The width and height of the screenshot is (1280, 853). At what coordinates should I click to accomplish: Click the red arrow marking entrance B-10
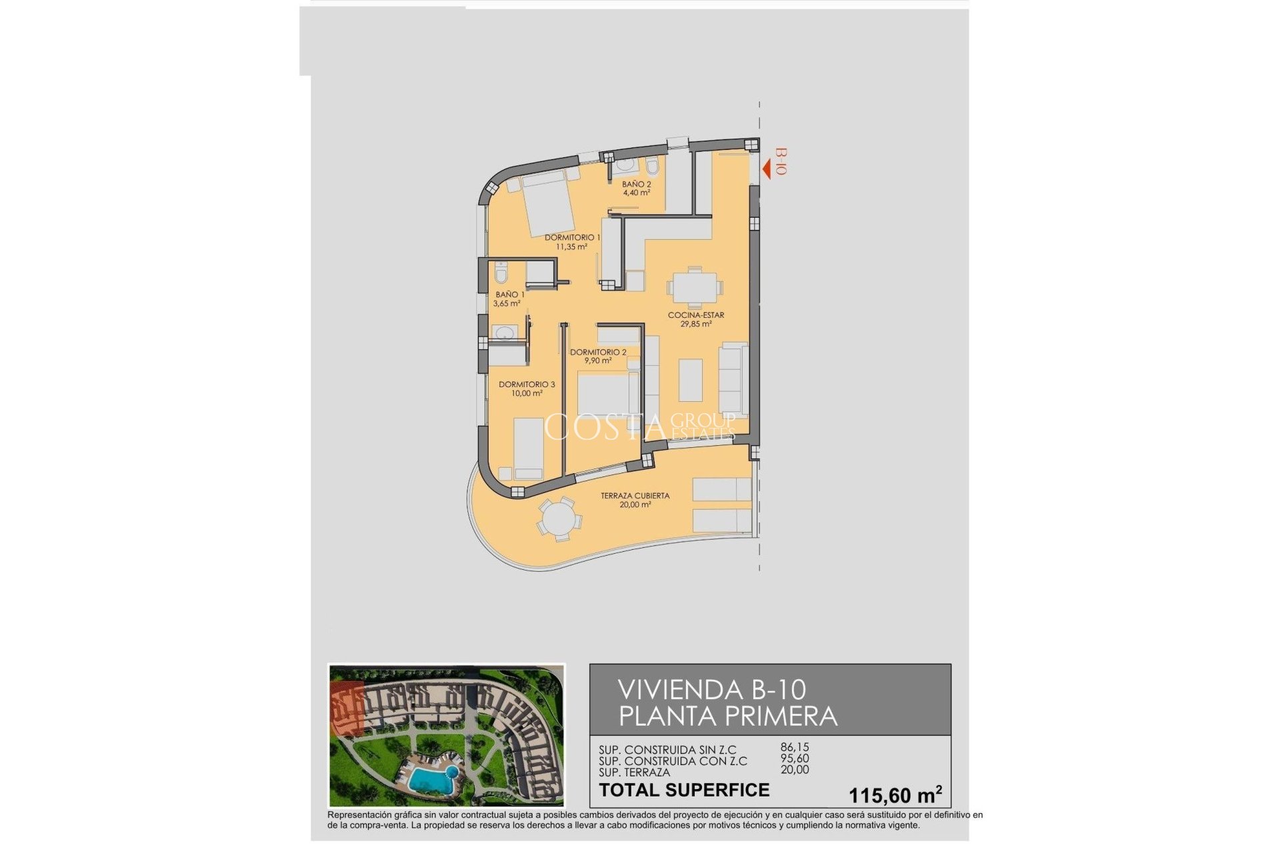(767, 169)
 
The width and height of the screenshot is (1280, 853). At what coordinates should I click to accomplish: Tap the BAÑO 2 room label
(636, 185)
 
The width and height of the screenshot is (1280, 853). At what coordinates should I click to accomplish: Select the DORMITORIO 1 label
(572, 238)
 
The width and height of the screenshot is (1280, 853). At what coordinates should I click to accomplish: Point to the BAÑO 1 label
(510, 295)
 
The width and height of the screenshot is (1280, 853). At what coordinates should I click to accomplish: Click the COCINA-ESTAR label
(696, 315)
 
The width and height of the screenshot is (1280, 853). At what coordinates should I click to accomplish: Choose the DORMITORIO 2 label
(598, 353)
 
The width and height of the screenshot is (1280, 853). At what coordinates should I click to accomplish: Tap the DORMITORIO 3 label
(527, 385)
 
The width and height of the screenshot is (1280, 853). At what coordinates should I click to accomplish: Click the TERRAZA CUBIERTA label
(635, 496)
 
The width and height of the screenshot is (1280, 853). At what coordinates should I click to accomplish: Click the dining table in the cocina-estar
(695, 289)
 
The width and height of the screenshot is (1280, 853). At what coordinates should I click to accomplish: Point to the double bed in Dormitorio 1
(548, 203)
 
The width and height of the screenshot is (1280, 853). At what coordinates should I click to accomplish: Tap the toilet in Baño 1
(501, 273)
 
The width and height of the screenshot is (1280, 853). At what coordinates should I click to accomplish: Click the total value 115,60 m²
(895, 794)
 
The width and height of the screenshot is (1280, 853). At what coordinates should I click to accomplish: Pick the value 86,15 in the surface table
(795, 748)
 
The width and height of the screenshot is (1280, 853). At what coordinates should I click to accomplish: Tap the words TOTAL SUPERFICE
(684, 790)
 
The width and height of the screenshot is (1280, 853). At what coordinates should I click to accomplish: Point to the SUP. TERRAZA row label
(634, 772)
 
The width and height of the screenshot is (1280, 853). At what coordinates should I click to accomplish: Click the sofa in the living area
(733, 379)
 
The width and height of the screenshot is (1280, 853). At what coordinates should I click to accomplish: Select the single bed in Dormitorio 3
(529, 448)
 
